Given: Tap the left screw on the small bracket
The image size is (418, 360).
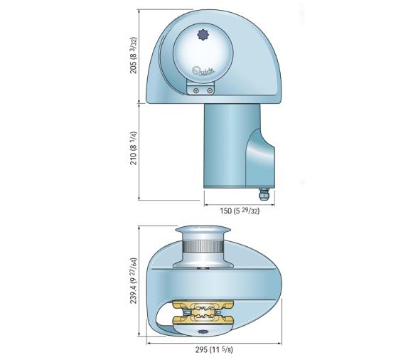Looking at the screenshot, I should [x=195, y=90].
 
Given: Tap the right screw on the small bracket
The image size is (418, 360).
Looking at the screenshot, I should [x=209, y=90].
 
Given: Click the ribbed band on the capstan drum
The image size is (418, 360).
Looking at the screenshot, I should [x=202, y=248].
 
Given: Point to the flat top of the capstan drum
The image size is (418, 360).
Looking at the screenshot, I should [x=202, y=228].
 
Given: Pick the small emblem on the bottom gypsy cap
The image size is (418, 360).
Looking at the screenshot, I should [x=202, y=332].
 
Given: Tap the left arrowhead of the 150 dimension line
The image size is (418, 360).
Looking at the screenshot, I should [x=206, y=203].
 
